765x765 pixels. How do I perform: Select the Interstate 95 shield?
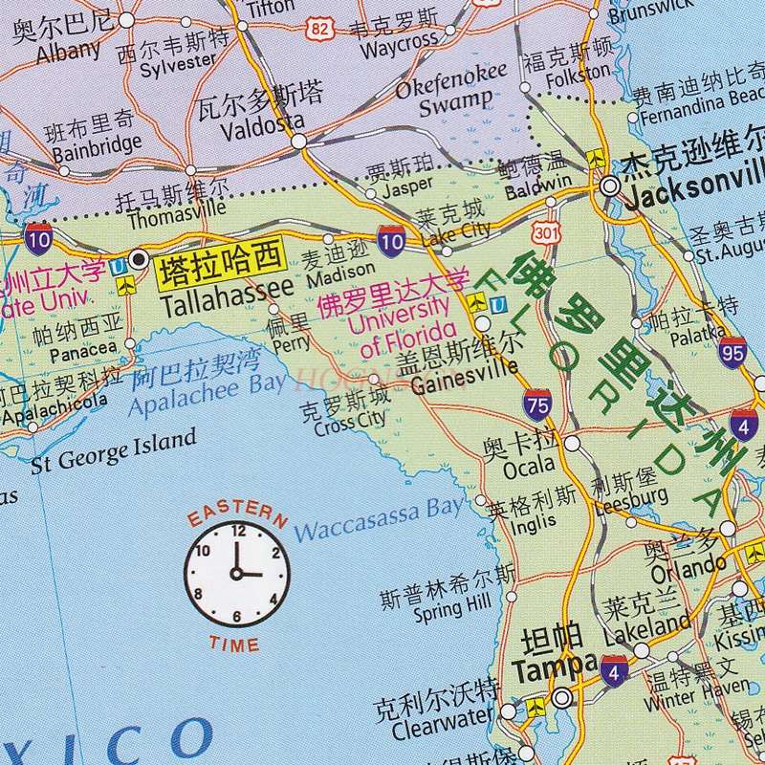pos(733,352)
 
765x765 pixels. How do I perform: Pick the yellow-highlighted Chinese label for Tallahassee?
pos(220,261)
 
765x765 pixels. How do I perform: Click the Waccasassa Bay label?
pos(379,521)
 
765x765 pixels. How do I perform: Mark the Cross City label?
pos(349,422)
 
